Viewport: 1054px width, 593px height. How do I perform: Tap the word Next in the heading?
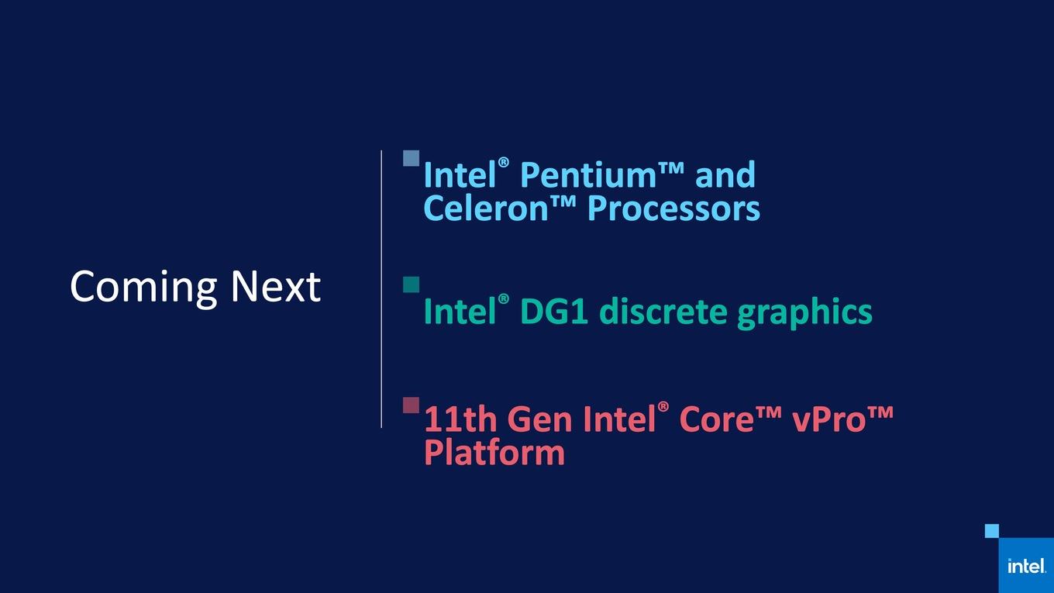click(x=276, y=286)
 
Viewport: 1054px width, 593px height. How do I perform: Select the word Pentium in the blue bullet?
click(x=587, y=175)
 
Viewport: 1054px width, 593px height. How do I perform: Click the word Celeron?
click(x=486, y=208)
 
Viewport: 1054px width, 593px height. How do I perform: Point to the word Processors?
click(x=673, y=210)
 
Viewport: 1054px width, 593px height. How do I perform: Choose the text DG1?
click(x=554, y=311)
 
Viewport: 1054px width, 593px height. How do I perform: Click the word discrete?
click(x=664, y=311)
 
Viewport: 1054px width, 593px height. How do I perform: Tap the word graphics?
click(x=804, y=313)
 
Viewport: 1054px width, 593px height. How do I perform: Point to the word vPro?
click(x=829, y=420)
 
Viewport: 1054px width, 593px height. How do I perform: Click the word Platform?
click(x=494, y=452)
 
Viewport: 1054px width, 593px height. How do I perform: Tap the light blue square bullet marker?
click(x=412, y=159)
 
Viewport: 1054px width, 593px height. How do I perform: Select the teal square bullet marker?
click(x=412, y=284)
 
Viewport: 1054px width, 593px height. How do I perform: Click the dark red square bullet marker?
click(x=412, y=405)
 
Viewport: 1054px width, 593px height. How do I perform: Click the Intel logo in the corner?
click(x=1026, y=566)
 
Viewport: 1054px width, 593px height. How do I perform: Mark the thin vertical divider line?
click(x=381, y=289)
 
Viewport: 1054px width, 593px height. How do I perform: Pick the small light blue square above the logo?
click(x=992, y=531)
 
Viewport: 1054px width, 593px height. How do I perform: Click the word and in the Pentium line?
click(x=725, y=174)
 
